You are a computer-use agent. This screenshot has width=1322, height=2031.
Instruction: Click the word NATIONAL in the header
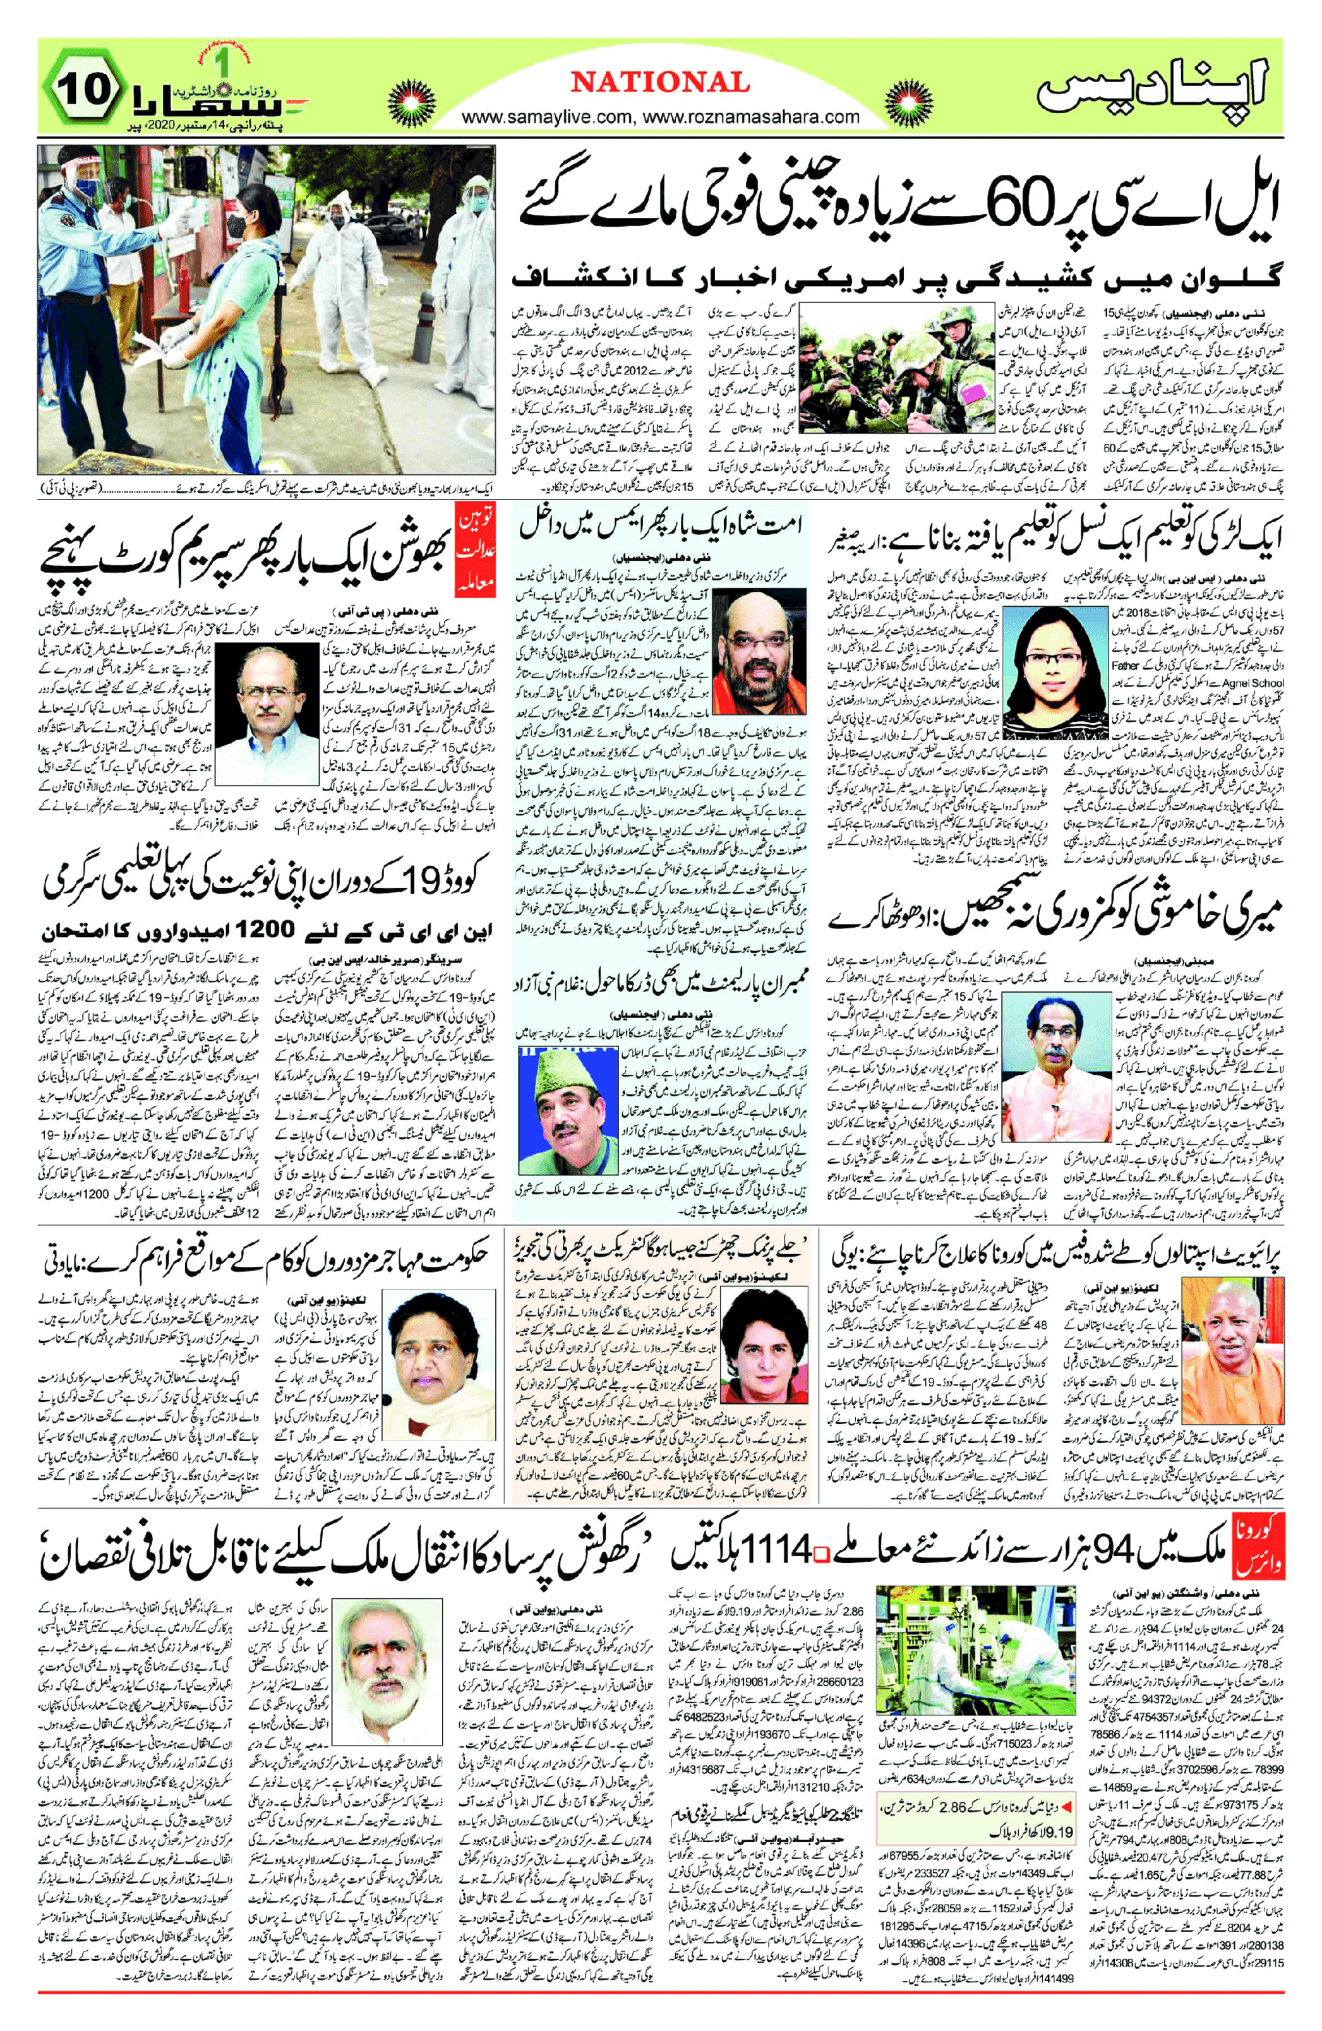pos(659,83)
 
